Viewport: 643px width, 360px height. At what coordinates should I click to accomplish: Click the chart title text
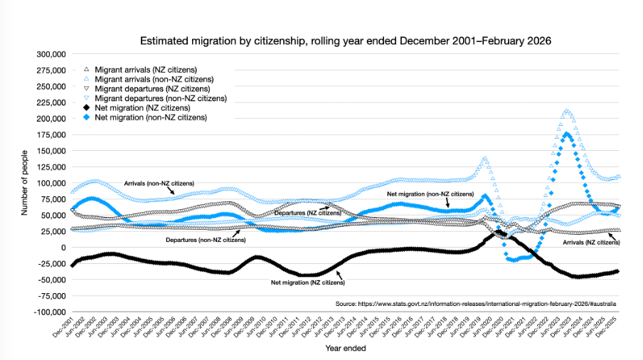345,41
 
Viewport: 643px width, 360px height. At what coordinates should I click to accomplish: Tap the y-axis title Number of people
25,183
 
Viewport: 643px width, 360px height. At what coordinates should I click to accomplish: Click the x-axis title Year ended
346,349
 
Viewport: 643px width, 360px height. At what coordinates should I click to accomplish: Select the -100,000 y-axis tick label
49,312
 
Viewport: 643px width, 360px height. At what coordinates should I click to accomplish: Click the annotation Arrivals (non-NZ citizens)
159,183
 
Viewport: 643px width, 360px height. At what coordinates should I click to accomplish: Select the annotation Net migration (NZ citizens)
308,282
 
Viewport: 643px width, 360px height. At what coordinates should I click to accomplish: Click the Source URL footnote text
476,303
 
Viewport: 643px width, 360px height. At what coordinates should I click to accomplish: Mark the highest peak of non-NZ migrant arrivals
566,111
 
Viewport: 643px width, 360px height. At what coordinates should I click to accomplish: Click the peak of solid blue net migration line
567,134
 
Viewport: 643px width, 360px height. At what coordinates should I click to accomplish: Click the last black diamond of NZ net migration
616,271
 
